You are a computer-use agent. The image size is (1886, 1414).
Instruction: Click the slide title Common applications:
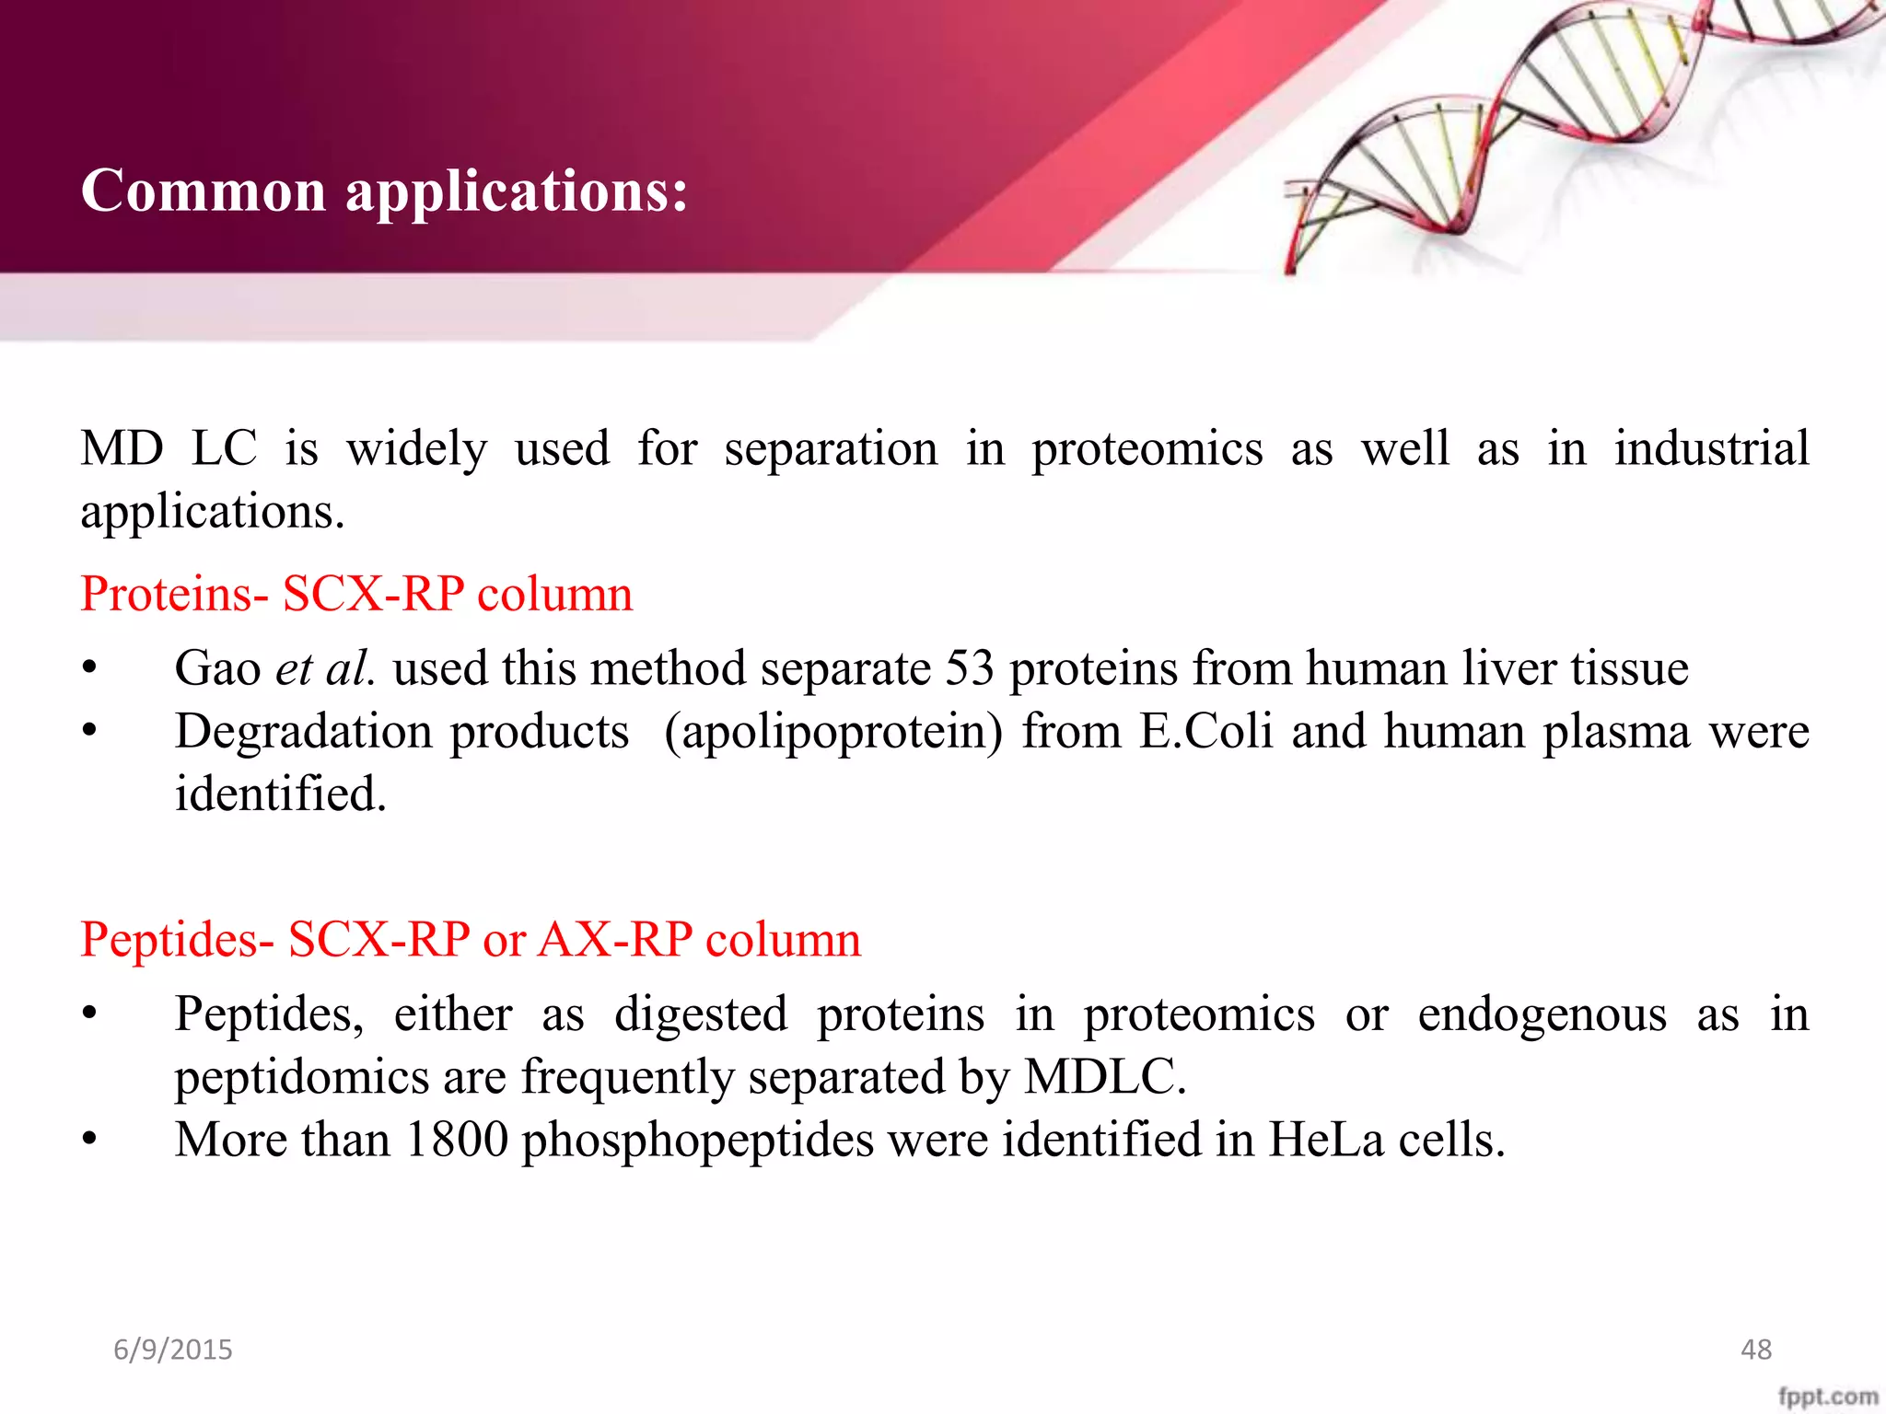tap(384, 191)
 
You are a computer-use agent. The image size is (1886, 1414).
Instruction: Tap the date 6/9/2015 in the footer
tap(173, 1350)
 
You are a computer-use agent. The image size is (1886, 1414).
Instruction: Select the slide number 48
tap(1755, 1350)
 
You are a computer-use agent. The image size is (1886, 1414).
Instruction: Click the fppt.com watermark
tap(1827, 1396)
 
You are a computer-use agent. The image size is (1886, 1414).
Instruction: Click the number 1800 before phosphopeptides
tap(456, 1140)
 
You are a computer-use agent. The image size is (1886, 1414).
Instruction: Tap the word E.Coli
tap(1206, 732)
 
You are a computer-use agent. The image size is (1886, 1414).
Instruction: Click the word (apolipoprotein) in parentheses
tap(833, 734)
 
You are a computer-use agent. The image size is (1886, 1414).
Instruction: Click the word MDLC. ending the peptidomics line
tap(1105, 1076)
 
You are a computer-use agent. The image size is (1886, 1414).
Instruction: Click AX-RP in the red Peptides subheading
tap(615, 940)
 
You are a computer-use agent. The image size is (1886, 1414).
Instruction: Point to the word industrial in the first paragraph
tap(1711, 449)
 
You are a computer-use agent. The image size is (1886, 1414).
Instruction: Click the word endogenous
tap(1542, 1015)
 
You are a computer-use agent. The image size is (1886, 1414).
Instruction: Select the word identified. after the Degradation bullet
tap(281, 794)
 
